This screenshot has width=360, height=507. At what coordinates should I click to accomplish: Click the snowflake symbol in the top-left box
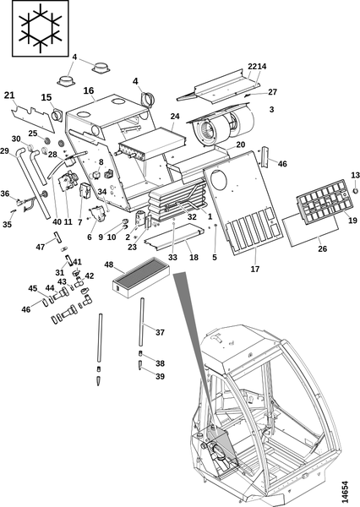(41, 29)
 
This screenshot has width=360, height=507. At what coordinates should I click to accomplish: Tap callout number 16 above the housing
(89, 90)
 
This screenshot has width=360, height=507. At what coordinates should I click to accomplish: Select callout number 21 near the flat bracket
(9, 95)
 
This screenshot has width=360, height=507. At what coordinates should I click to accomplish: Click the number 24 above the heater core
(175, 116)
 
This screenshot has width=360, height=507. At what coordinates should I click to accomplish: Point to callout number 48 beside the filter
(109, 264)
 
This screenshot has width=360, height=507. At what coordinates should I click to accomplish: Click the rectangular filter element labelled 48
(141, 278)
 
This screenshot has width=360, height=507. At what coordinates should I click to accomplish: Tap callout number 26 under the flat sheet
(323, 248)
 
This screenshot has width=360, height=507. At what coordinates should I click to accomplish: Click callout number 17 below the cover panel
(255, 269)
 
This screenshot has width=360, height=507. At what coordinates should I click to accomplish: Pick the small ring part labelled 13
(355, 191)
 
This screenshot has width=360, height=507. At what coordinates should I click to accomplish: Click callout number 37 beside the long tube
(160, 332)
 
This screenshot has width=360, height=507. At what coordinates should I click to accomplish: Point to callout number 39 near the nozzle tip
(160, 376)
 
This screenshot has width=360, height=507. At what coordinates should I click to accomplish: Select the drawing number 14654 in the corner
(345, 492)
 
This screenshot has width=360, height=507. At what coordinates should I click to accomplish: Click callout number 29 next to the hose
(4, 151)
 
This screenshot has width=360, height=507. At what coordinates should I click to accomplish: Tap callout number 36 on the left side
(5, 194)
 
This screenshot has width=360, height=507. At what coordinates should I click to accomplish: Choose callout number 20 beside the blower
(241, 144)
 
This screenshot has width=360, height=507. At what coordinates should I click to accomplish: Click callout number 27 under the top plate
(273, 92)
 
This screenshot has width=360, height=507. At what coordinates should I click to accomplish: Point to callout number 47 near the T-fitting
(40, 247)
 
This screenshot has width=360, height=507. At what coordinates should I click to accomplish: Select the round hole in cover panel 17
(217, 179)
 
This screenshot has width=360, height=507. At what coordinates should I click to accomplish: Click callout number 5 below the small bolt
(215, 258)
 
